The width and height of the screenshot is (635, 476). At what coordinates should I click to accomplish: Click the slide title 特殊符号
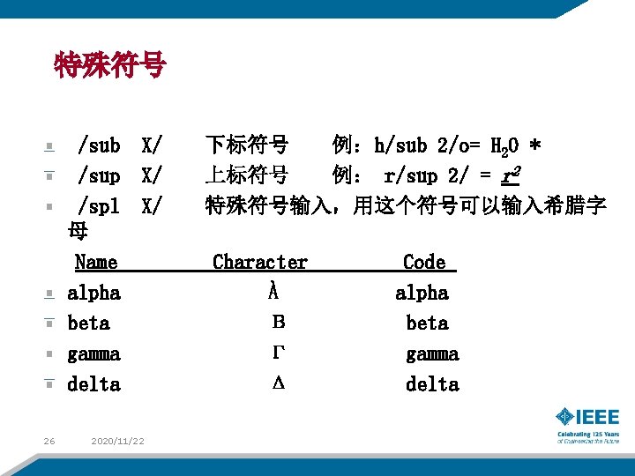(x=109, y=65)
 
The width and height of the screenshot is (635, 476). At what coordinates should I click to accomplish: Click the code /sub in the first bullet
(x=98, y=144)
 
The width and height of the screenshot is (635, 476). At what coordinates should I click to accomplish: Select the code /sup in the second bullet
(x=98, y=175)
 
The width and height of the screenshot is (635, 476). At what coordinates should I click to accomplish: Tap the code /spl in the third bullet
(x=98, y=206)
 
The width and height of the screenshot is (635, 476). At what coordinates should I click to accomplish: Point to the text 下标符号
(x=246, y=144)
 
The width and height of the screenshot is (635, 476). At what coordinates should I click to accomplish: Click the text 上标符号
(x=246, y=175)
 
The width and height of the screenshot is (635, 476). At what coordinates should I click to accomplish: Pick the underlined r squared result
(x=508, y=175)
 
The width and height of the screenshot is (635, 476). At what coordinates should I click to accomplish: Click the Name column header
(x=96, y=262)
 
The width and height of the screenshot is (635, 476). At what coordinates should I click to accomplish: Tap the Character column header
(x=260, y=262)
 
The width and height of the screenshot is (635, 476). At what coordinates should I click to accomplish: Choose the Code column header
(x=424, y=262)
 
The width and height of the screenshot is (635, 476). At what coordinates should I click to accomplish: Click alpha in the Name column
(x=93, y=293)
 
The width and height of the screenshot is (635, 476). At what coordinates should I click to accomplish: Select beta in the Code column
(x=427, y=324)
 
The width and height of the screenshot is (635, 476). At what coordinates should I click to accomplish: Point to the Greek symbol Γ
(x=277, y=353)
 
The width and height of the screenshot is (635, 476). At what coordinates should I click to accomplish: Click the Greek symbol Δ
(x=277, y=384)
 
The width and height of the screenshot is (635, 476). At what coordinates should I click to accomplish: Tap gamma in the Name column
(x=93, y=353)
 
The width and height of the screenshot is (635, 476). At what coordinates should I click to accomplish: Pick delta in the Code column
(x=432, y=384)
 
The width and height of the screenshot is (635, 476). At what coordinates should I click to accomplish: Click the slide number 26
(x=49, y=441)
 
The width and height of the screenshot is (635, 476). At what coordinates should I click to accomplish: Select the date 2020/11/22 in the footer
(x=118, y=441)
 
